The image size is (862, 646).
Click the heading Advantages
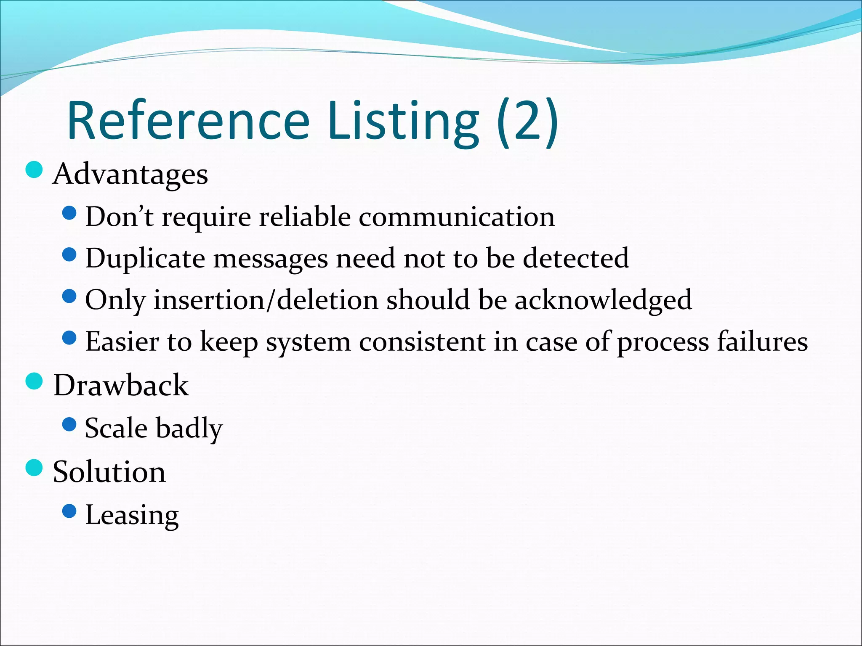[x=130, y=174]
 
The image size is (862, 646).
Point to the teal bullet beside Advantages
[x=34, y=170]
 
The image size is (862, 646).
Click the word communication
[x=457, y=217]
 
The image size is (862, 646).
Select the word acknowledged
[x=603, y=300]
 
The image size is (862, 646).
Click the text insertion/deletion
[x=266, y=300]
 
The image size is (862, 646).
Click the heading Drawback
[x=121, y=385]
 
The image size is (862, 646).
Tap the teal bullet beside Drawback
[x=34, y=381]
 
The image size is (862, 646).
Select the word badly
[x=189, y=428]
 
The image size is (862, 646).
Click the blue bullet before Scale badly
[x=69, y=425]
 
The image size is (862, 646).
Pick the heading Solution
[x=109, y=472]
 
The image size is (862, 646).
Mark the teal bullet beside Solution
[x=34, y=468]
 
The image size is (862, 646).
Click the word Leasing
[x=132, y=515]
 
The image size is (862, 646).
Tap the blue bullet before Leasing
[x=69, y=511]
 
